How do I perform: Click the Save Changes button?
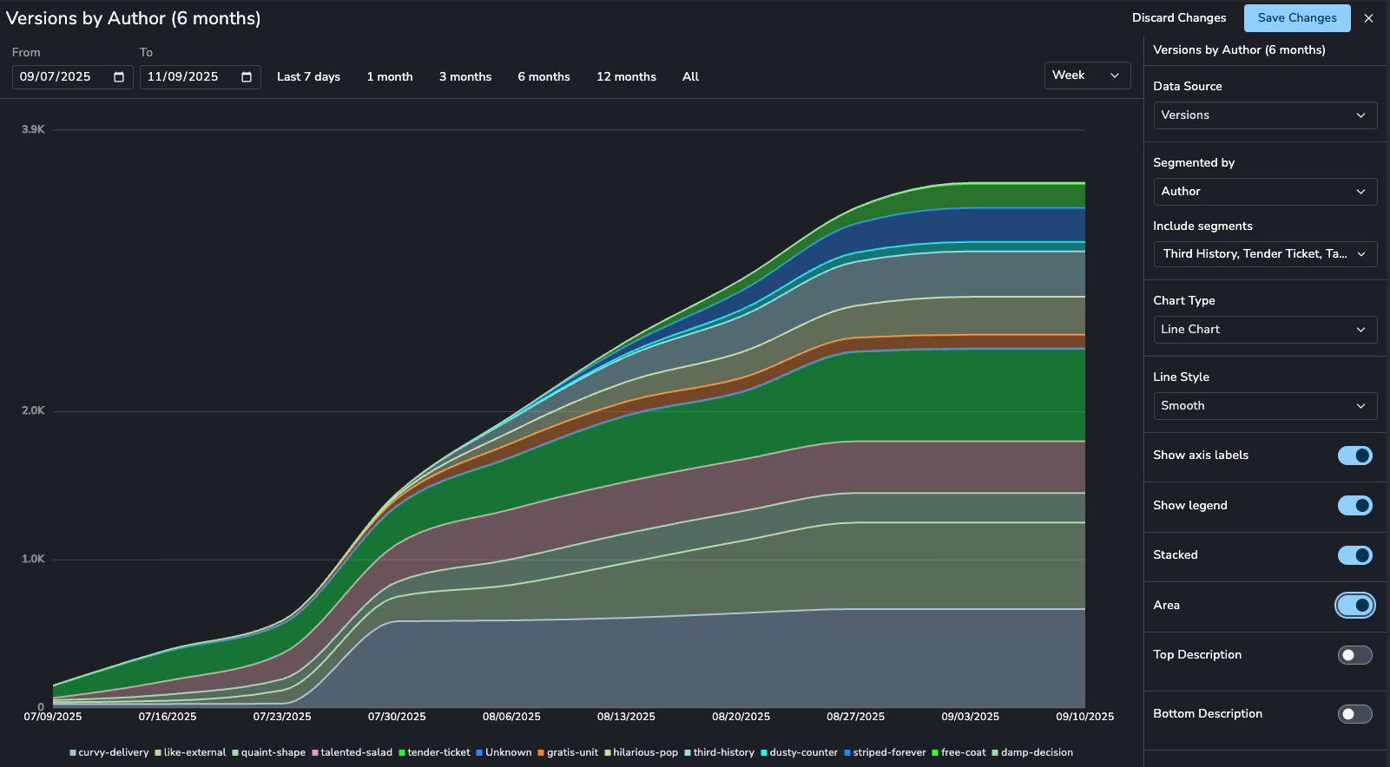click(1297, 18)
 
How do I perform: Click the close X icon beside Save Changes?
click(1369, 18)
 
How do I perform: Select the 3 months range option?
click(465, 77)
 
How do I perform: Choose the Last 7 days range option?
click(308, 77)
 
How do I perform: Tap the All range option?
click(690, 77)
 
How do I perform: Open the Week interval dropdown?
click(1087, 75)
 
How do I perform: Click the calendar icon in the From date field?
click(119, 77)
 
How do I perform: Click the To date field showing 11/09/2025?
click(200, 77)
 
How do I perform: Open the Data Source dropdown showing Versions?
click(1265, 115)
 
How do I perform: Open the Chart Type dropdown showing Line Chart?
click(1265, 330)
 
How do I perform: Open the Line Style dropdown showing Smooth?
click(1265, 406)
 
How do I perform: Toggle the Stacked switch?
click(1355, 555)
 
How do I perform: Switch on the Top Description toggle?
click(1355, 655)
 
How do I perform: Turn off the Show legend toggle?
click(1355, 505)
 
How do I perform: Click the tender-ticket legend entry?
click(434, 753)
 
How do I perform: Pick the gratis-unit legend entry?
click(568, 753)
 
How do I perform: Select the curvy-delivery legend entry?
click(109, 753)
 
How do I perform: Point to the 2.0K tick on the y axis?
click(33, 410)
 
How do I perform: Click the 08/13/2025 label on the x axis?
click(626, 717)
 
